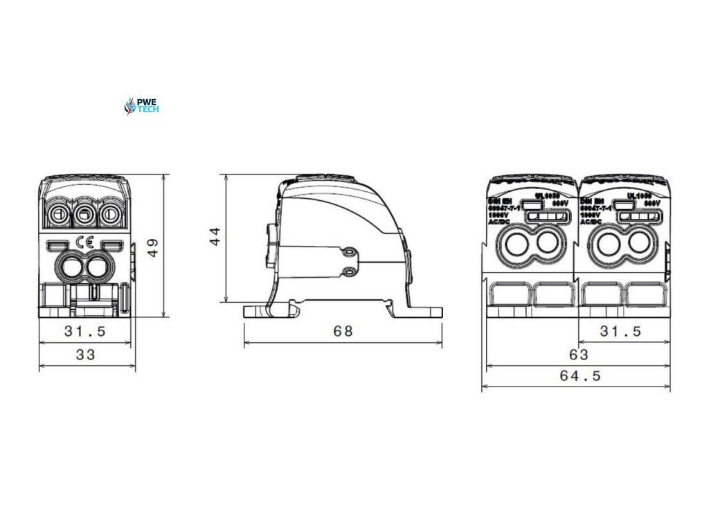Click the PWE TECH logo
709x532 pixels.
pos(141,106)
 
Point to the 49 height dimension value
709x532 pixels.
pos(153,247)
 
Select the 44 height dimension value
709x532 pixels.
pos(216,236)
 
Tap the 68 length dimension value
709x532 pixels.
pos(343,331)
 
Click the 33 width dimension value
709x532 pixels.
pos(85,355)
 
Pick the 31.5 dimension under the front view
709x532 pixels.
pos(85,332)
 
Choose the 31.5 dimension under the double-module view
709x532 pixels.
pos(620,332)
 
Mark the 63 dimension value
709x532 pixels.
pos(578,355)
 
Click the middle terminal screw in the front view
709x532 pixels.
pos(84,215)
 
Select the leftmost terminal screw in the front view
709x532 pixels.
pos(60,215)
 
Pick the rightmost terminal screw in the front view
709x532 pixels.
pos(109,215)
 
